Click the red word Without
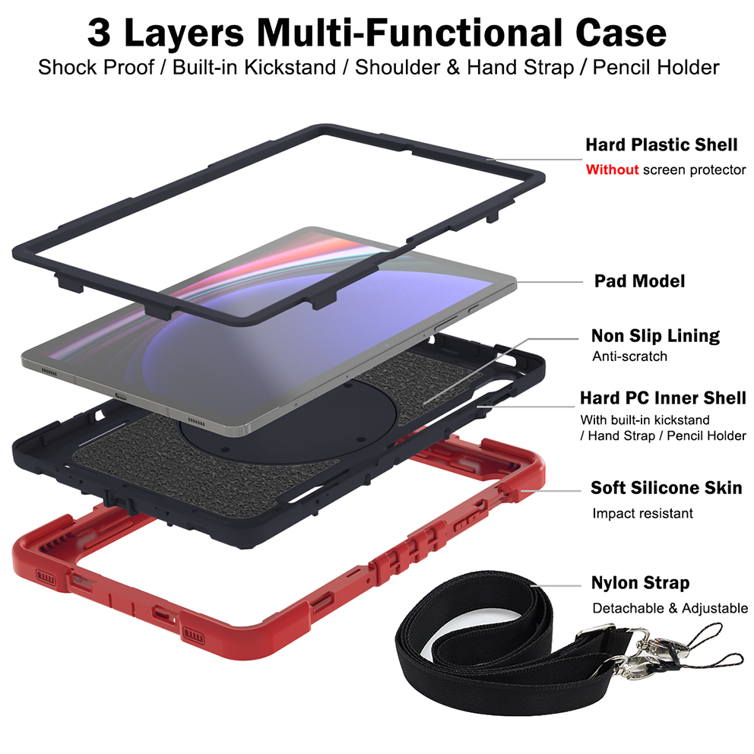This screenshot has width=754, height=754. point(611,169)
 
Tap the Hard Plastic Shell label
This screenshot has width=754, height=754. point(661,144)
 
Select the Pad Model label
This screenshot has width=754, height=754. point(638,281)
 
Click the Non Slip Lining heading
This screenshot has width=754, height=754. point(655,336)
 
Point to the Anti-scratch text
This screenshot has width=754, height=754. point(629,356)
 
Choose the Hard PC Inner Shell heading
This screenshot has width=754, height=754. point(663,398)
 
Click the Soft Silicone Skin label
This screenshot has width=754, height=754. point(666,487)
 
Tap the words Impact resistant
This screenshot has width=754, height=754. point(642,513)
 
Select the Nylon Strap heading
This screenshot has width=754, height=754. point(640,583)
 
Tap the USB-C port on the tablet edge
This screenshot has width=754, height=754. point(120,394)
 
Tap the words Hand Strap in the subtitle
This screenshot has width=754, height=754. point(520,67)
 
